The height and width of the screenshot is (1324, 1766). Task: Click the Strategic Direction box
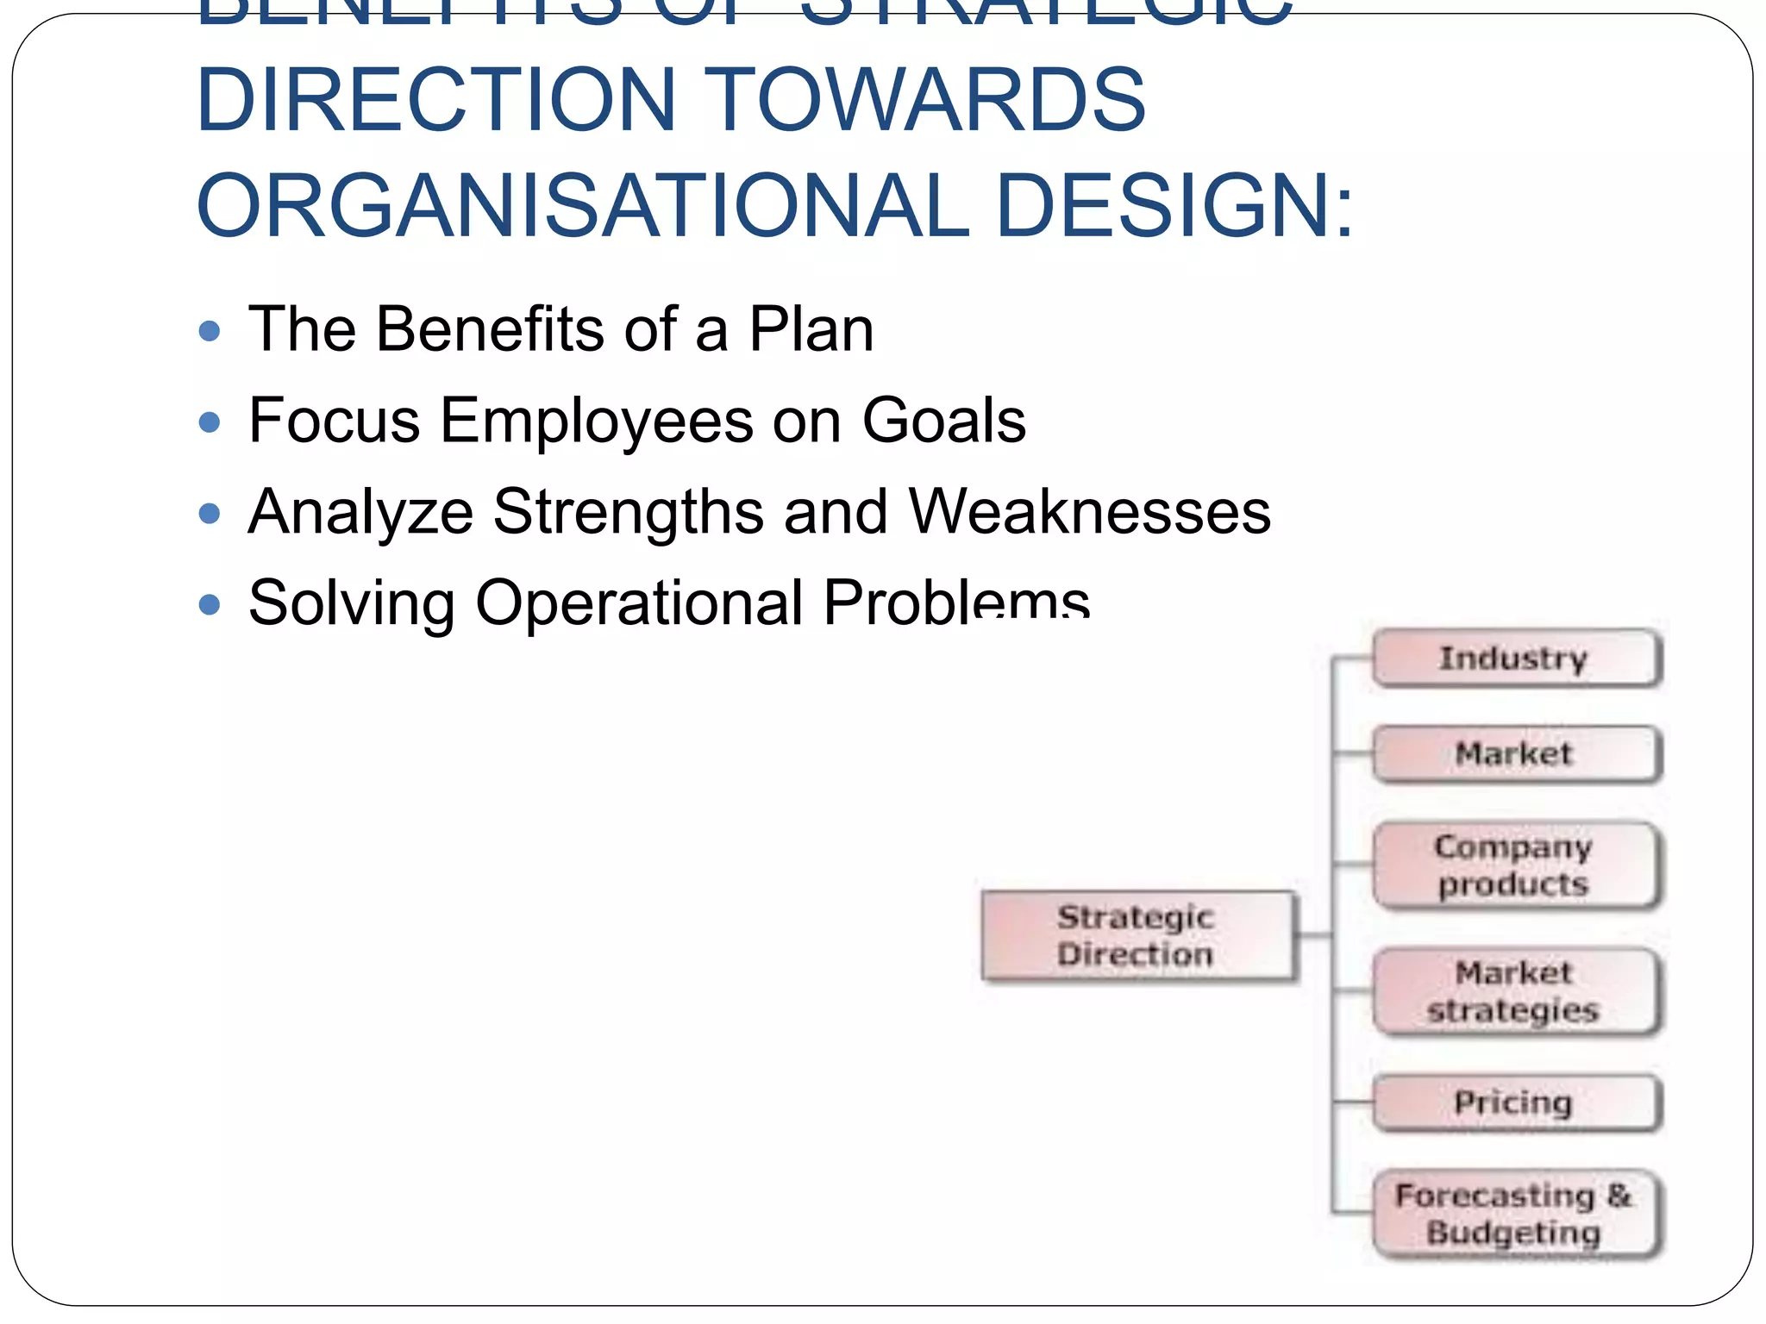click(x=1137, y=936)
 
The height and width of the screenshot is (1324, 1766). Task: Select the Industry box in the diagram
click(x=1515, y=659)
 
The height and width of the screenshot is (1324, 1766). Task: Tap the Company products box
click(x=1515, y=865)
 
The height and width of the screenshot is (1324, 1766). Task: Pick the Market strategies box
click(x=1515, y=991)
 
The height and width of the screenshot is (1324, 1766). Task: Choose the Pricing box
click(x=1515, y=1102)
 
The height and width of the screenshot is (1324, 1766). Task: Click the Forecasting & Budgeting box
click(x=1515, y=1215)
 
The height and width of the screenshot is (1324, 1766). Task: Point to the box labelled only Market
click(x=1515, y=754)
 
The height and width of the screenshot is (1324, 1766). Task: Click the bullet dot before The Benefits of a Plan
click(x=210, y=331)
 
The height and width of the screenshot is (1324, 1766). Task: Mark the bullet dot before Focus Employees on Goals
click(x=210, y=422)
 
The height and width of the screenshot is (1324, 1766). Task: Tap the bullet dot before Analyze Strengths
click(x=210, y=514)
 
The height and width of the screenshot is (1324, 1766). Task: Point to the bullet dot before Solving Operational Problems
click(x=210, y=605)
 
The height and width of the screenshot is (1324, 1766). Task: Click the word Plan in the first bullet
click(x=811, y=329)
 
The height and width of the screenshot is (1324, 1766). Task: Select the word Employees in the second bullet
click(x=597, y=422)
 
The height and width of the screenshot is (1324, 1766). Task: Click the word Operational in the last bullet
click(x=639, y=603)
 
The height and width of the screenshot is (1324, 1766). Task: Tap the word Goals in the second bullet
click(x=943, y=421)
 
